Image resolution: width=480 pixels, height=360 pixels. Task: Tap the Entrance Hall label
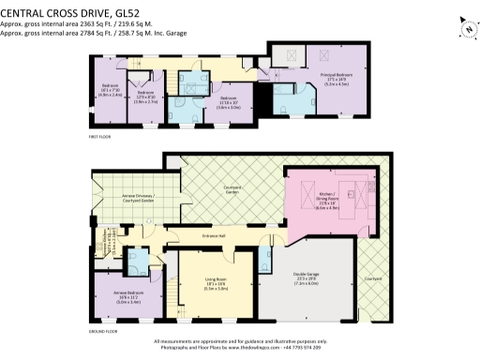216,235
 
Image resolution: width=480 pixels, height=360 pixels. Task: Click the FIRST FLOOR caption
100,137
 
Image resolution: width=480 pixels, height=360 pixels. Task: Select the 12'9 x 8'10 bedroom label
145,96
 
